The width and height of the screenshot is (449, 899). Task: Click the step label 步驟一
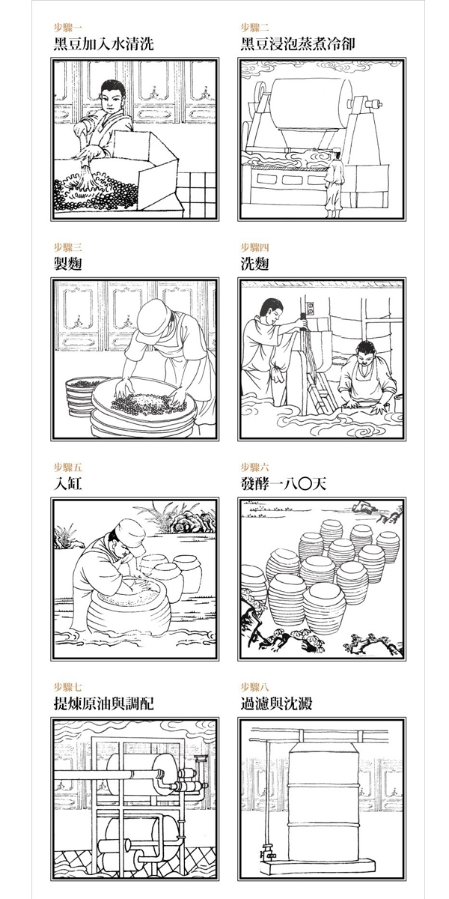coord(68,27)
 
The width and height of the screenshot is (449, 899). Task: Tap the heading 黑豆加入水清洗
coord(103,43)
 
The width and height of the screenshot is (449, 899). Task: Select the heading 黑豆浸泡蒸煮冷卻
coord(298,43)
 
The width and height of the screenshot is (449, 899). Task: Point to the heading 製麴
coord(68,264)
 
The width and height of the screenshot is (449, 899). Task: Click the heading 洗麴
coord(254,264)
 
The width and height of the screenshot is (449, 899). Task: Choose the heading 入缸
coord(68,484)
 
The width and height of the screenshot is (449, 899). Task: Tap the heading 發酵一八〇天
coord(283,484)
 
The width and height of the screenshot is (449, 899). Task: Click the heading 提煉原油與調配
coord(103,703)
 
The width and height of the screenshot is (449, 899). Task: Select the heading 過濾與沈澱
coord(276,703)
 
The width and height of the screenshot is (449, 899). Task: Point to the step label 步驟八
coord(254,687)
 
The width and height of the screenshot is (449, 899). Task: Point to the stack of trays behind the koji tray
coord(82,396)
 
